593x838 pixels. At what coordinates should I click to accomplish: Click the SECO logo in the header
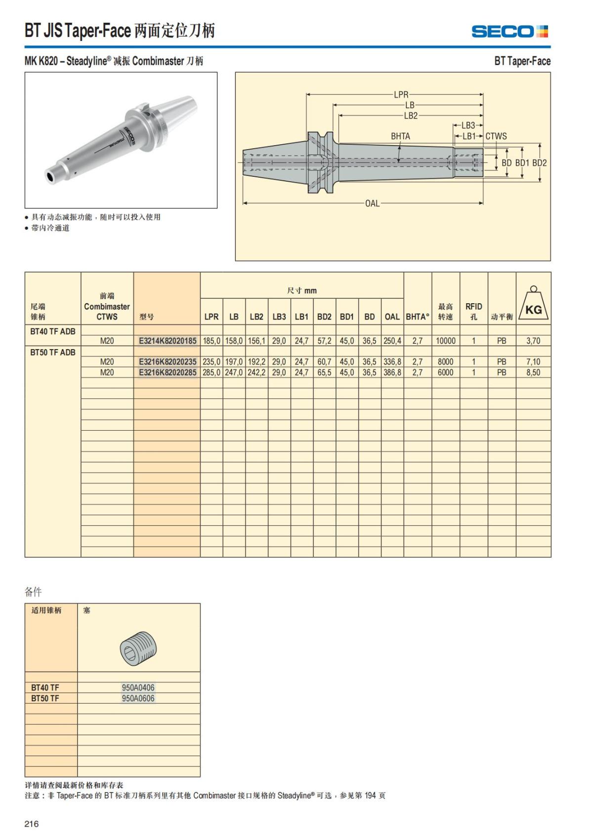coord(509,32)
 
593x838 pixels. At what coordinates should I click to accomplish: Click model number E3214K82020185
coord(168,341)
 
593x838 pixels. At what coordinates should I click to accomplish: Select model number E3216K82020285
coord(168,372)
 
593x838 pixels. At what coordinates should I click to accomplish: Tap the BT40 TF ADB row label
coord(53,331)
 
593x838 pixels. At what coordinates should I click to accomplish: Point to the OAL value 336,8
coord(392,362)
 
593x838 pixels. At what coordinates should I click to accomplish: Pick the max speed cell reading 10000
coord(445,341)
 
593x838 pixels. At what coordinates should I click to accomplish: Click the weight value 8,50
coord(533,372)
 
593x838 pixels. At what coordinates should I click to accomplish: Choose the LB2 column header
coord(256,317)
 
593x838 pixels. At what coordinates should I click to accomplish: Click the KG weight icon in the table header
coord(533,303)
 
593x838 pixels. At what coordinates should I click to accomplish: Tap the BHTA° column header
coord(418,317)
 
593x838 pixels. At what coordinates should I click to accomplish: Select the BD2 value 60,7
coord(324,362)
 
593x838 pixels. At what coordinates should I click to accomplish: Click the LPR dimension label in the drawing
coord(401,94)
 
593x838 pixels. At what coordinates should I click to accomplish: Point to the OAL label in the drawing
coord(372,203)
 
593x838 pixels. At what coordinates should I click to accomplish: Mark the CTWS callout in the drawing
coord(496,136)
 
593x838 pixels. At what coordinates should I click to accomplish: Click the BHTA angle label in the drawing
coord(400,136)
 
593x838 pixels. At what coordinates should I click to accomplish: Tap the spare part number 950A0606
coord(138,698)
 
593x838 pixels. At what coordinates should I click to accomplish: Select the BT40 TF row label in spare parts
coord(45,687)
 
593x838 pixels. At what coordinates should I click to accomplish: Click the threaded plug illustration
coord(139,647)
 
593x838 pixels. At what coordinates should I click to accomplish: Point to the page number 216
coord(31,824)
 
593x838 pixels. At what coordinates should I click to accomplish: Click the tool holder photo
coord(121,140)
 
